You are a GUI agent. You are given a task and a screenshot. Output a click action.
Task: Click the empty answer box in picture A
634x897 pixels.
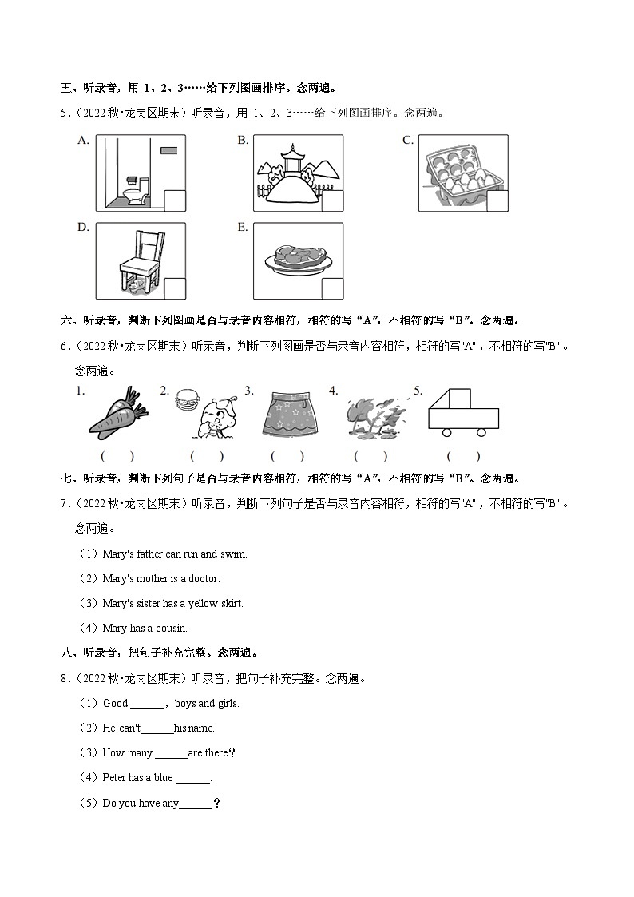[x=174, y=200]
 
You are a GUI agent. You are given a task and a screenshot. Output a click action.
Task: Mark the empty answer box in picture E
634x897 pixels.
[x=332, y=288]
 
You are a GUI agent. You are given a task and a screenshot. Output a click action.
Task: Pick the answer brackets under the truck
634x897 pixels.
[x=463, y=456]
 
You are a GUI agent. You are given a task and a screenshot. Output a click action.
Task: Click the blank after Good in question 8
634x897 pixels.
[x=147, y=704]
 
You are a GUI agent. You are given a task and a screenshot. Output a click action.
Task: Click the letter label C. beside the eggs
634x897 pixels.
[x=407, y=141]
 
